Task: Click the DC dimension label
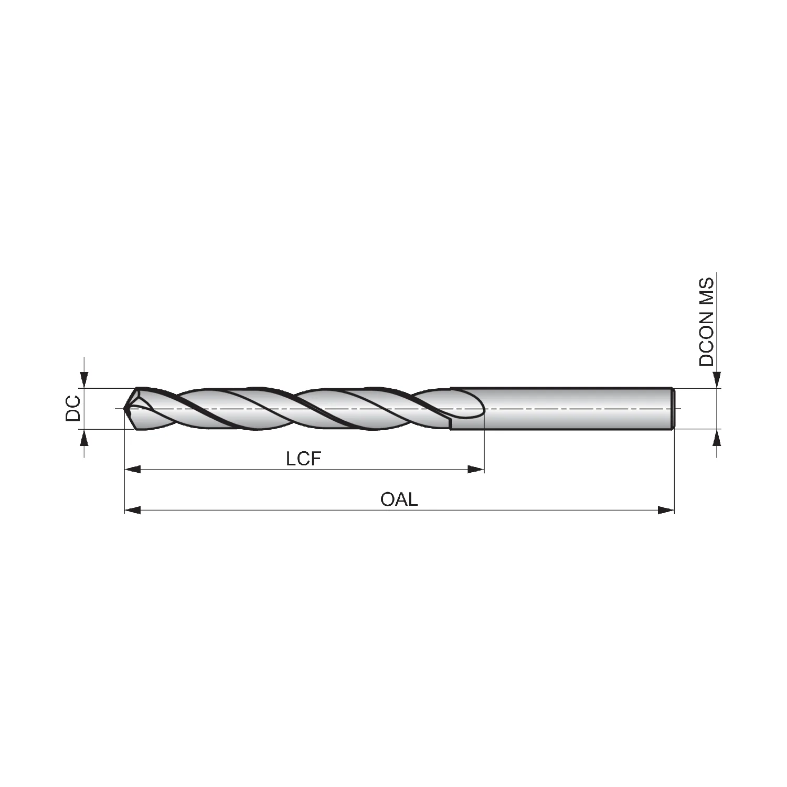[x=73, y=409]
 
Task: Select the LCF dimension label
[x=303, y=459]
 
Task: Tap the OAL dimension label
[x=399, y=499]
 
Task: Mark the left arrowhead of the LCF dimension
[x=132, y=469]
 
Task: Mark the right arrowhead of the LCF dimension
[x=475, y=469]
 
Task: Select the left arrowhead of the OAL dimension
[x=132, y=509]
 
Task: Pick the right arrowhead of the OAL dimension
[x=666, y=509]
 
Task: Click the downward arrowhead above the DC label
[x=84, y=380]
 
